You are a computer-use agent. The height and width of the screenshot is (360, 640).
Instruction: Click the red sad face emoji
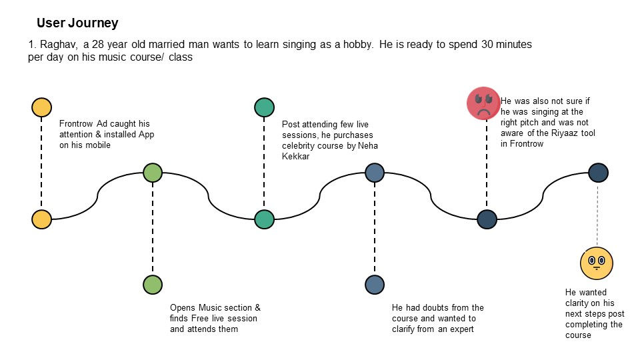(483, 103)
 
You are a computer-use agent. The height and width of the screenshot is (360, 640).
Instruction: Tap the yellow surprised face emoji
(597, 262)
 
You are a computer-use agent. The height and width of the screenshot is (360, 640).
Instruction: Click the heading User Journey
(77, 23)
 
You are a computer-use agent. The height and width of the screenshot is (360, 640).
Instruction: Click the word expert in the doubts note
(459, 329)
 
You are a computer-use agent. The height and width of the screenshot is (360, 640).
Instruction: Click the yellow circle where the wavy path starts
(41, 219)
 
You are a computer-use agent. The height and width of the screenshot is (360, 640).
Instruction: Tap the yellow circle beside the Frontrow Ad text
(41, 107)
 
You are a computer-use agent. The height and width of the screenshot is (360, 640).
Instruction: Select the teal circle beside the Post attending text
(264, 107)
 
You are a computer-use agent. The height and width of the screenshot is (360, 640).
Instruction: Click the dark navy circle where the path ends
(598, 173)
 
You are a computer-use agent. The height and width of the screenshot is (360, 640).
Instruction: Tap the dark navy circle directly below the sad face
(487, 219)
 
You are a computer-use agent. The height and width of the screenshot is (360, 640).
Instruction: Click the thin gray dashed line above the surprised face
(597, 213)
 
